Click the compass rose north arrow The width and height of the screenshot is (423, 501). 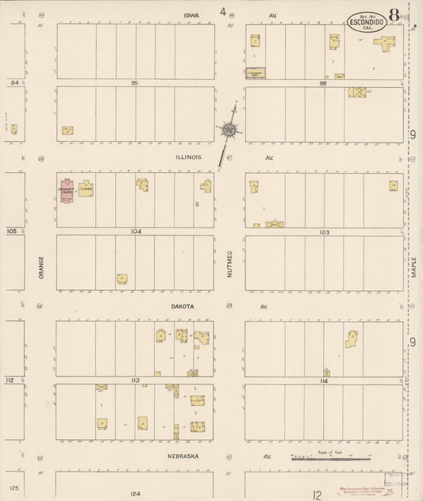point(229,128)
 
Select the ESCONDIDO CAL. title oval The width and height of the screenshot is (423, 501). point(367,22)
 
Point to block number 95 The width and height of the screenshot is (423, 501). point(135,82)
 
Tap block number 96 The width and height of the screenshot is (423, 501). point(323,82)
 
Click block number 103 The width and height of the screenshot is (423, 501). point(324,231)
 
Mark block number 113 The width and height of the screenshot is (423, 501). point(136,381)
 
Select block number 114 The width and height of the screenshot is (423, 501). point(324,381)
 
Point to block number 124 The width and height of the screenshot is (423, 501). point(136,493)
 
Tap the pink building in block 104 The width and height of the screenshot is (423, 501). point(66,190)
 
